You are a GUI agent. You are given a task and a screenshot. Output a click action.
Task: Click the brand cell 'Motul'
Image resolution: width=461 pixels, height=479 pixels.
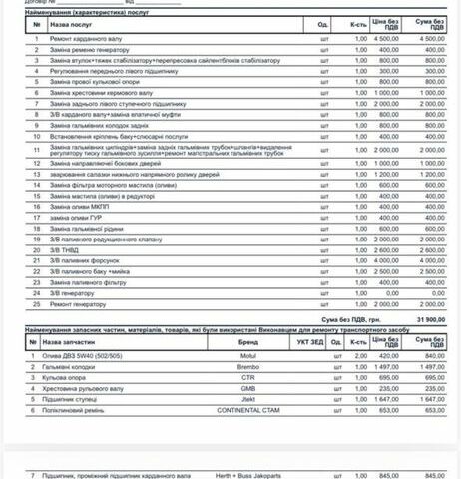[x=248, y=356]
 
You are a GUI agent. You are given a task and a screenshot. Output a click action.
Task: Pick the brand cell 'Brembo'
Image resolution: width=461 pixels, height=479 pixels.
[x=248, y=366]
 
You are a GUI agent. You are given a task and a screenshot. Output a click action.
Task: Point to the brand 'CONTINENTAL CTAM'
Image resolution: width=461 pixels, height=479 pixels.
[x=248, y=410]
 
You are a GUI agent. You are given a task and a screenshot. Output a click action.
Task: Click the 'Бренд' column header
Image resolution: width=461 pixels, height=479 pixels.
[x=248, y=341]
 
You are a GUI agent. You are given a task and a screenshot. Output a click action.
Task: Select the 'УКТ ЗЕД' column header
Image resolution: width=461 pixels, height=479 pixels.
[x=310, y=341]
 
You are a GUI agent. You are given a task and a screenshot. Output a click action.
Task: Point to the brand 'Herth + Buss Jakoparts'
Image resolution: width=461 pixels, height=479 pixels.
[x=248, y=475]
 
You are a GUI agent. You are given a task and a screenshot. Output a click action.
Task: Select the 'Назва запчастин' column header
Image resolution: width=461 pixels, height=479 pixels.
[x=76, y=341]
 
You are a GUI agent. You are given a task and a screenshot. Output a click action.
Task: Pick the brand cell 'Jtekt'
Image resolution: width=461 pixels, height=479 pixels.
[x=248, y=399]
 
